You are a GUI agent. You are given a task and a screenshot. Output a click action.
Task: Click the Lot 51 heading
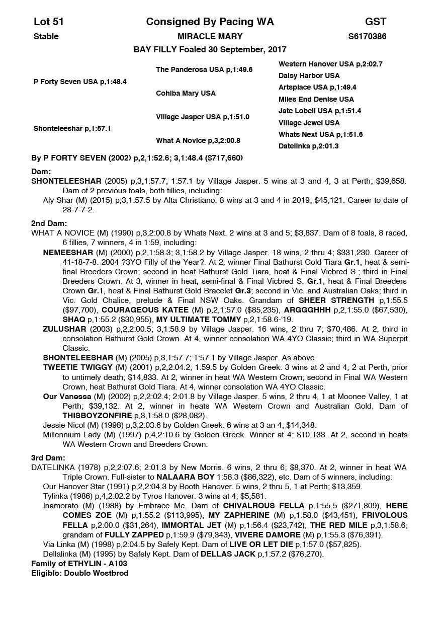(x=49, y=22)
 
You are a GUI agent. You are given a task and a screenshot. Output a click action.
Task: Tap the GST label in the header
(x=376, y=22)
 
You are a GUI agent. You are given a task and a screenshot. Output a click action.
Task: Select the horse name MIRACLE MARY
(x=210, y=36)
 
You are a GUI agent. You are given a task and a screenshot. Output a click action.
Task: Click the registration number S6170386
(x=367, y=36)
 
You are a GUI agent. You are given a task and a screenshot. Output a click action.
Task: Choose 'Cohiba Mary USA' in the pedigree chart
(x=186, y=93)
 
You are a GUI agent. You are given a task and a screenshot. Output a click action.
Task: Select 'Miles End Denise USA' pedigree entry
(x=316, y=99)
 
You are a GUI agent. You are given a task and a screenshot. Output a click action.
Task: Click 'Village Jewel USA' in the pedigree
(x=309, y=123)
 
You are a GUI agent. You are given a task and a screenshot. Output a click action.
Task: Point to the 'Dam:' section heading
(x=41, y=172)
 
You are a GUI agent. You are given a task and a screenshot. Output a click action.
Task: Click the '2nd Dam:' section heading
(x=49, y=223)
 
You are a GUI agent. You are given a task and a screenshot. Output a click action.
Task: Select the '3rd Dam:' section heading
(x=48, y=458)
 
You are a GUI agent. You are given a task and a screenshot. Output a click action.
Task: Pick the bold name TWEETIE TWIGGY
(x=74, y=367)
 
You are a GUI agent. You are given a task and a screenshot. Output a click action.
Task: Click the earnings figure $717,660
(x=223, y=158)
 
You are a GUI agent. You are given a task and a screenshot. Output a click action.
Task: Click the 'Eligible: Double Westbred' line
(x=79, y=573)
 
